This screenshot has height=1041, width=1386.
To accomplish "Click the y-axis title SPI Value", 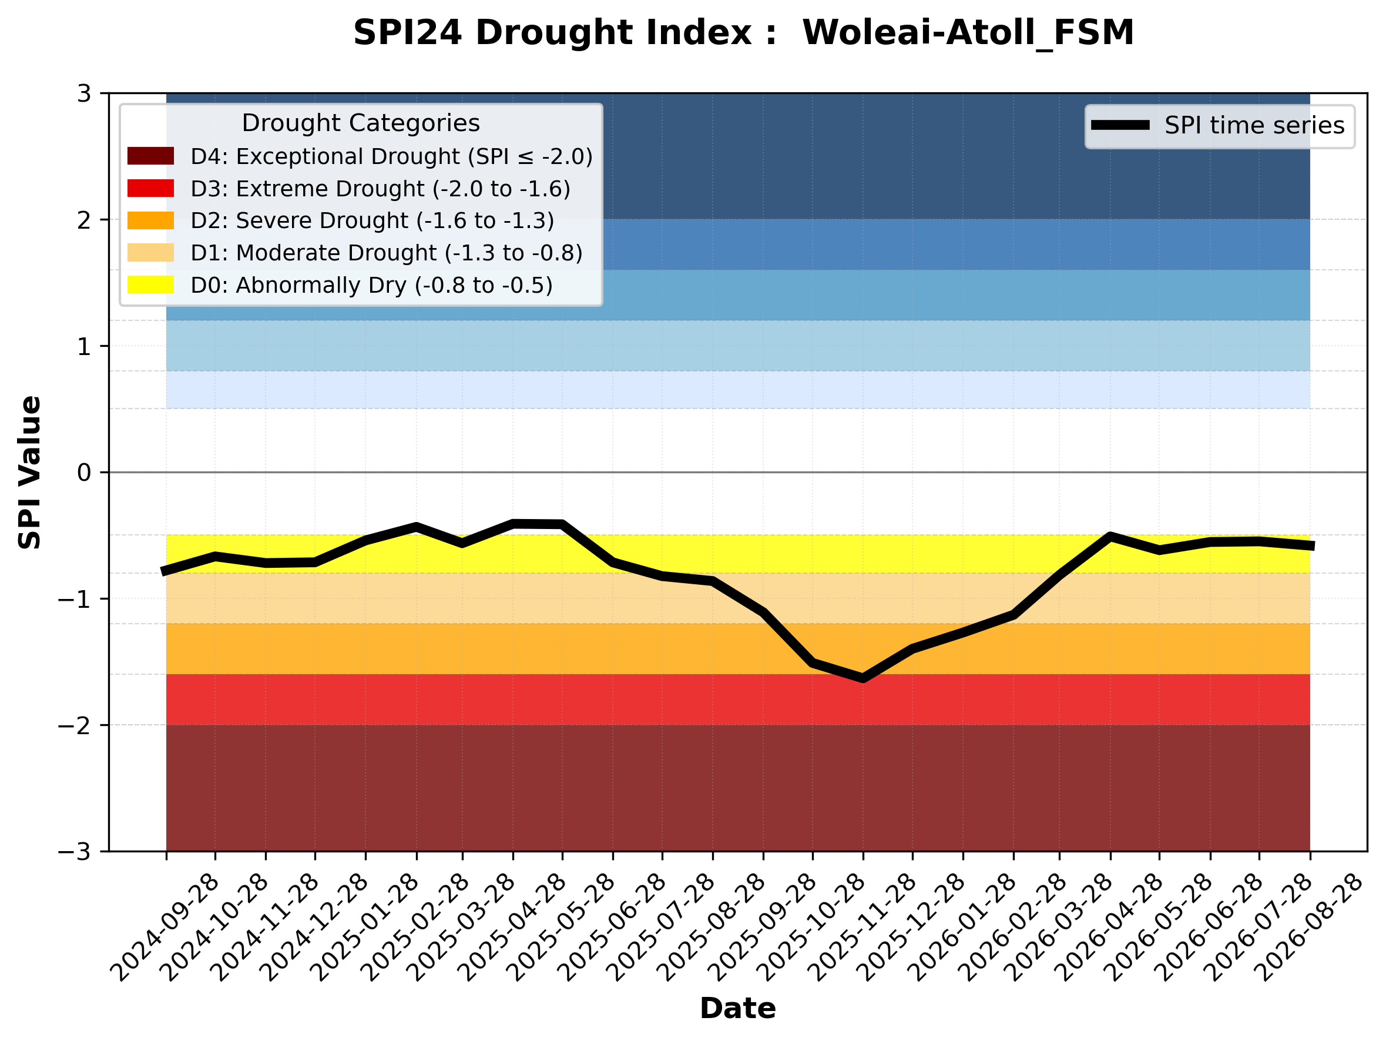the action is [x=29, y=473].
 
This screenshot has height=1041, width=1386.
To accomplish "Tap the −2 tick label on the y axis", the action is [x=75, y=725].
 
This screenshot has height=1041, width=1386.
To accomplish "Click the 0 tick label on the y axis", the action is [x=85, y=473].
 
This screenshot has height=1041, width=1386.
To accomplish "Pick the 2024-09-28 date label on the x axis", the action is [x=164, y=927].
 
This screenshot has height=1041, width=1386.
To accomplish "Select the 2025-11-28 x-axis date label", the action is [x=861, y=927].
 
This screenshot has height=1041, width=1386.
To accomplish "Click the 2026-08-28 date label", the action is [x=1308, y=927].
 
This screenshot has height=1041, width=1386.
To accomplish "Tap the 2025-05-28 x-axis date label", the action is [x=560, y=927].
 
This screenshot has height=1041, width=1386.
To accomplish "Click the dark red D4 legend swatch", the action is [x=150, y=156].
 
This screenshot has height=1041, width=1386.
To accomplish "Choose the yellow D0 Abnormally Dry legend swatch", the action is [x=150, y=284].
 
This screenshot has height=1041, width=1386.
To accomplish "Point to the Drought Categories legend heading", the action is [x=361, y=123].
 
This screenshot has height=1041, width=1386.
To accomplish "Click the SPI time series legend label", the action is [x=1254, y=125].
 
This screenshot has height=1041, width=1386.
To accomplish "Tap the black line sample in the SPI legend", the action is [x=1120, y=125].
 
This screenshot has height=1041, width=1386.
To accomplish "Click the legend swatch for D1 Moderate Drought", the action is [x=150, y=253].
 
